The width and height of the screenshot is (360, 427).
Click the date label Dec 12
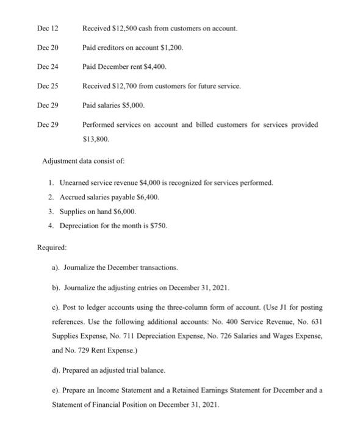[x=48, y=29]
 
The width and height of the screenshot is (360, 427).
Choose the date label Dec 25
[x=48, y=86]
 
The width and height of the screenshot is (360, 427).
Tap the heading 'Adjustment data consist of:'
[x=82, y=161]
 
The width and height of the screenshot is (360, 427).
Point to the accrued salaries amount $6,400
[x=143, y=197]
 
